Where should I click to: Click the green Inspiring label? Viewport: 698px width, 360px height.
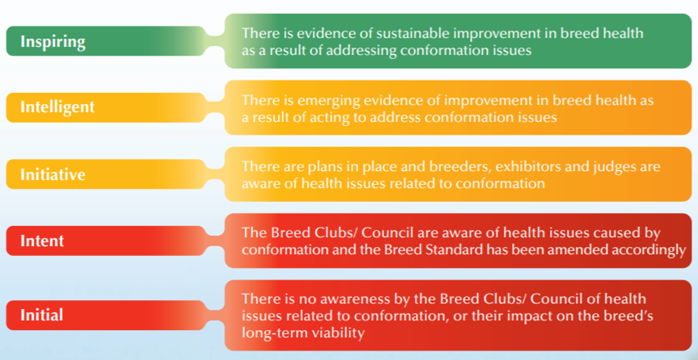[53, 41]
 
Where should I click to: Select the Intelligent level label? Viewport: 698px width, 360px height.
[57, 107]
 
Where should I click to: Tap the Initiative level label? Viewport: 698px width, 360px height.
[53, 174]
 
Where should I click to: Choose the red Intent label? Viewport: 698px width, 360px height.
[42, 241]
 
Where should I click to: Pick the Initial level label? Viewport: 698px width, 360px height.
[42, 315]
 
